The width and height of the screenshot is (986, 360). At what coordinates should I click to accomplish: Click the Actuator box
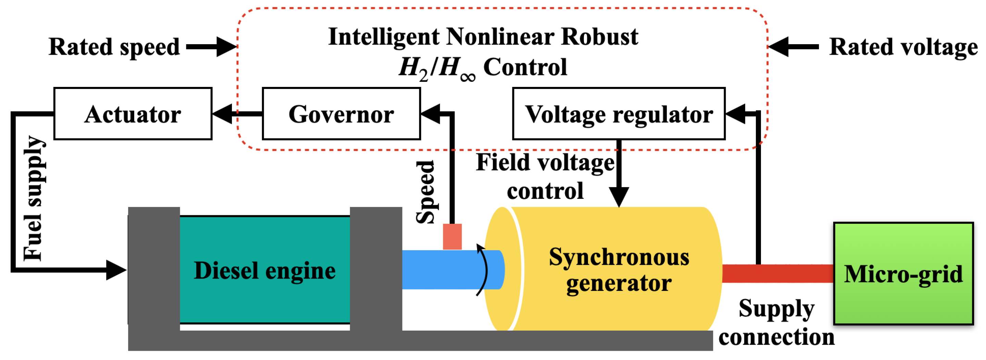tap(133, 114)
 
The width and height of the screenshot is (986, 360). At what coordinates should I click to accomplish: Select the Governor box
tap(341, 114)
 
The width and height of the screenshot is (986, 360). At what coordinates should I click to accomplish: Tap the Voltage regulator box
tap(619, 114)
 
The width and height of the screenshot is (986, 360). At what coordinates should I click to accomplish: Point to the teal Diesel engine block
tap(264, 270)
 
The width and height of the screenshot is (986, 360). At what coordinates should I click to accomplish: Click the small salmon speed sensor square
tap(452, 237)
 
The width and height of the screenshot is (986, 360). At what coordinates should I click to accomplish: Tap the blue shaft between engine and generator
tap(440, 270)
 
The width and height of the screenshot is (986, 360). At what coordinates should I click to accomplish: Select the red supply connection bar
tap(777, 273)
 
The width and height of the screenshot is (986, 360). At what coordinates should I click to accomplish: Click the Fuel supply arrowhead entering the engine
tap(116, 270)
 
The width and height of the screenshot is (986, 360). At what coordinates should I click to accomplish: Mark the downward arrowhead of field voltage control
tap(619, 197)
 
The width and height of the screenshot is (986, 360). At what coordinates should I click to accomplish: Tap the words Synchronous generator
tap(619, 270)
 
